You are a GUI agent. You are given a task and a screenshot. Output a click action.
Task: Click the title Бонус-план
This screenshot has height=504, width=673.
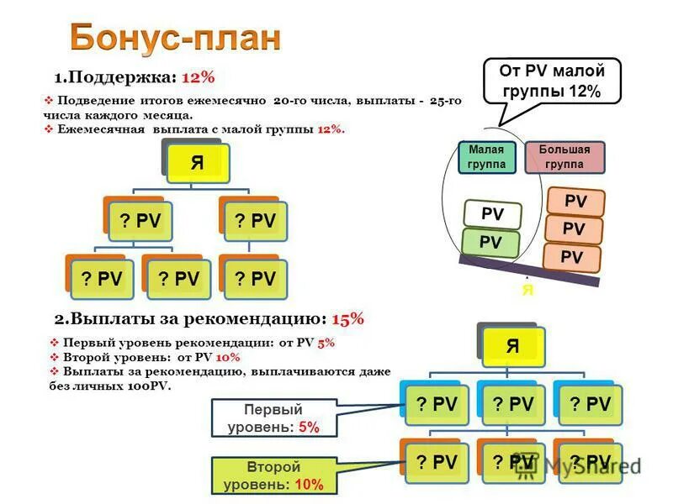tap(175, 38)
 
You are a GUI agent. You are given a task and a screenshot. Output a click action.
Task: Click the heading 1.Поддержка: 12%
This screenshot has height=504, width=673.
tap(135, 77)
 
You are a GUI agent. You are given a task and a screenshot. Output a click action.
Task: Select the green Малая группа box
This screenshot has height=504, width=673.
tap(487, 157)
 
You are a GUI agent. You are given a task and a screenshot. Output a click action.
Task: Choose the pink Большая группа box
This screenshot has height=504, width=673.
tap(564, 157)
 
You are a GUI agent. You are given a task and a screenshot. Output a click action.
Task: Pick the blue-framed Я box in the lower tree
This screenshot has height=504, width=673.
tap(511, 345)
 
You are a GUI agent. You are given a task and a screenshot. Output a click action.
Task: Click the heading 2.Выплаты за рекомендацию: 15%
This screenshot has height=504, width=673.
tap(209, 319)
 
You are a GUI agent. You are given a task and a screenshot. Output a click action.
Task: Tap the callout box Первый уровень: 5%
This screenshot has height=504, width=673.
tap(273, 418)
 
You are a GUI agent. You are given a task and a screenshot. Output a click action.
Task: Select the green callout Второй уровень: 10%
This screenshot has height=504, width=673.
tap(273, 475)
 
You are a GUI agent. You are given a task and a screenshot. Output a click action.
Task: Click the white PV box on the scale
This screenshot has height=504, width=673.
tap(492, 215)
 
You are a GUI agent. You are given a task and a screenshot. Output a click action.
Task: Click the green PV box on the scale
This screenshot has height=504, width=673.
tap(491, 243)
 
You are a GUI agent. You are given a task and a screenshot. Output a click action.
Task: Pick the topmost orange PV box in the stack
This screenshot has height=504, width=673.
tap(575, 202)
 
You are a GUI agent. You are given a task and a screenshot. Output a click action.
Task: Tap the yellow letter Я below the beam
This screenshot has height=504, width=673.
tap(527, 290)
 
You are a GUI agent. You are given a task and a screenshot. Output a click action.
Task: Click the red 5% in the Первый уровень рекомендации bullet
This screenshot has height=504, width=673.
tap(326, 343)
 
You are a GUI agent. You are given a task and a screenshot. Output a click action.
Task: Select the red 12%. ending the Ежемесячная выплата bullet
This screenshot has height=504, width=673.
tap(331, 129)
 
